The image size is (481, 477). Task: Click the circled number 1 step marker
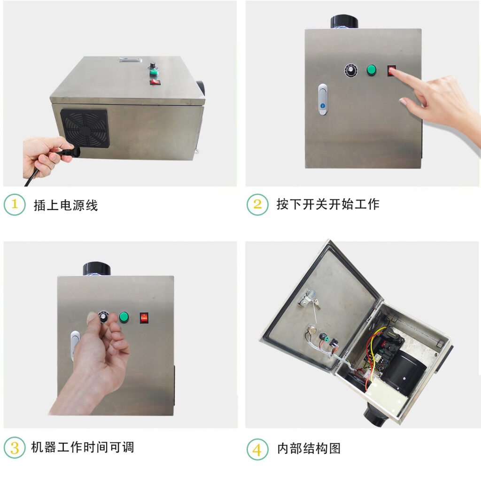click(x=15, y=205)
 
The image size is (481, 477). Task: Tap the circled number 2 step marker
click(x=257, y=205)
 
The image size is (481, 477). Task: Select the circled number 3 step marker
click(x=15, y=447)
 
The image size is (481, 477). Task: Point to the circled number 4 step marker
click(x=257, y=449)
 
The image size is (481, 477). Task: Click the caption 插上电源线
click(x=66, y=205)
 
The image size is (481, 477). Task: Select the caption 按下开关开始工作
click(x=327, y=204)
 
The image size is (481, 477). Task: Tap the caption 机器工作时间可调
click(x=83, y=447)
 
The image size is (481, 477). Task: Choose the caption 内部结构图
click(x=309, y=448)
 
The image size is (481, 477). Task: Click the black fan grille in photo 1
click(x=85, y=128)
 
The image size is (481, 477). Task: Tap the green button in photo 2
click(x=372, y=70)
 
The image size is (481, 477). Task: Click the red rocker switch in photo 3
click(x=144, y=318)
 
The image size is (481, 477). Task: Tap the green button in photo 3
click(x=124, y=317)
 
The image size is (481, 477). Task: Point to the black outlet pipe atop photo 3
click(x=97, y=269)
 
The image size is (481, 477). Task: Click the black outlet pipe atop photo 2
click(x=344, y=22)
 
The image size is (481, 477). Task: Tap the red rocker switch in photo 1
click(x=155, y=82)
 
